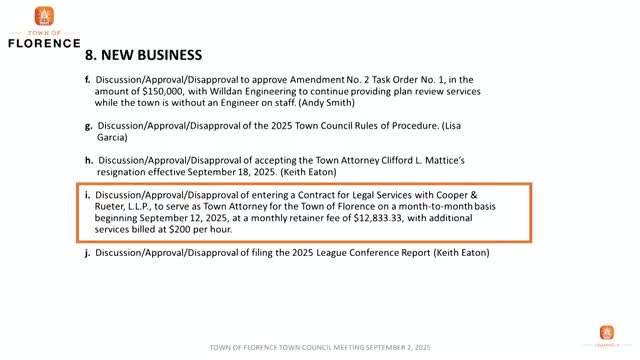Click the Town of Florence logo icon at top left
click(43, 17)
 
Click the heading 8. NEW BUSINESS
click(144, 54)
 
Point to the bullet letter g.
click(89, 127)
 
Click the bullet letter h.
click(89, 160)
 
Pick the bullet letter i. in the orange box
click(89, 194)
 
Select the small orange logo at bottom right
click(607, 333)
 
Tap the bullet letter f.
click(88, 78)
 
